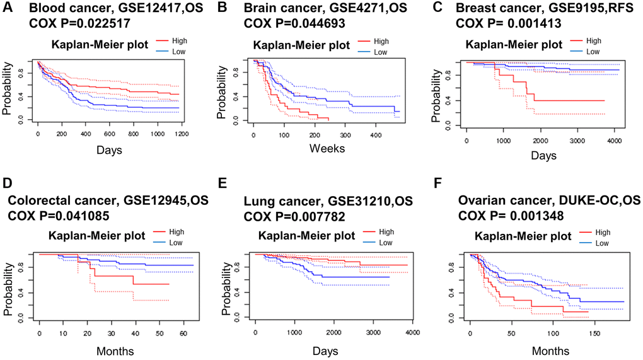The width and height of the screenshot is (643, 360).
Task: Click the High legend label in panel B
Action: pos(380,41)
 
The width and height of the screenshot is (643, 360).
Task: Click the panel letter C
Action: pos(436,8)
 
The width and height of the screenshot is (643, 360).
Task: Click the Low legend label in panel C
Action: pos(593,52)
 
